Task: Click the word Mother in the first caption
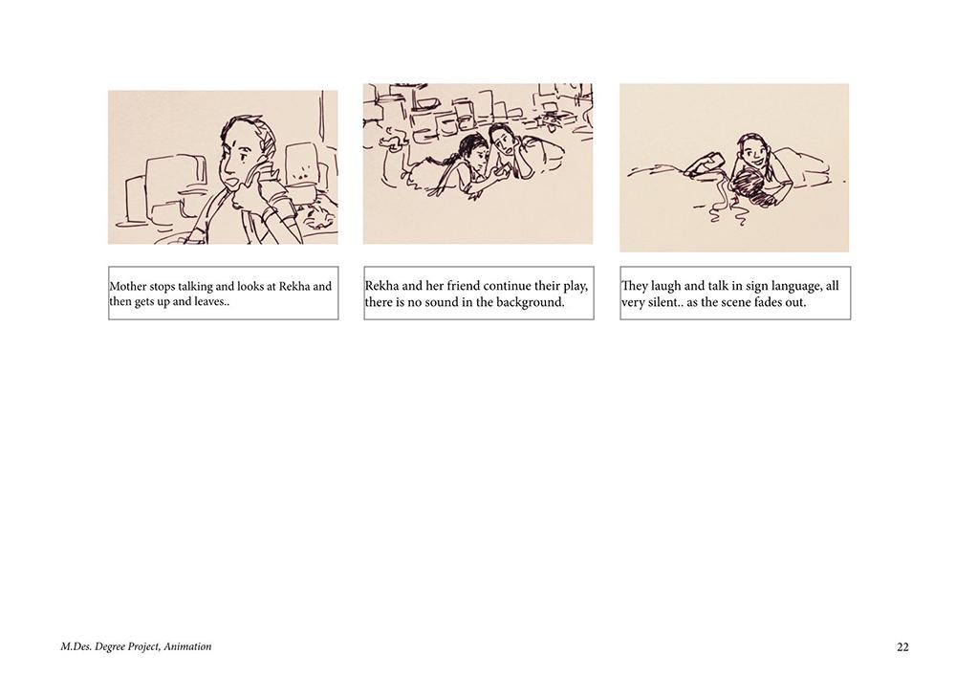click(x=128, y=286)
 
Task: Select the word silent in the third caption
click(x=661, y=302)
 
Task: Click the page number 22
click(x=903, y=647)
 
